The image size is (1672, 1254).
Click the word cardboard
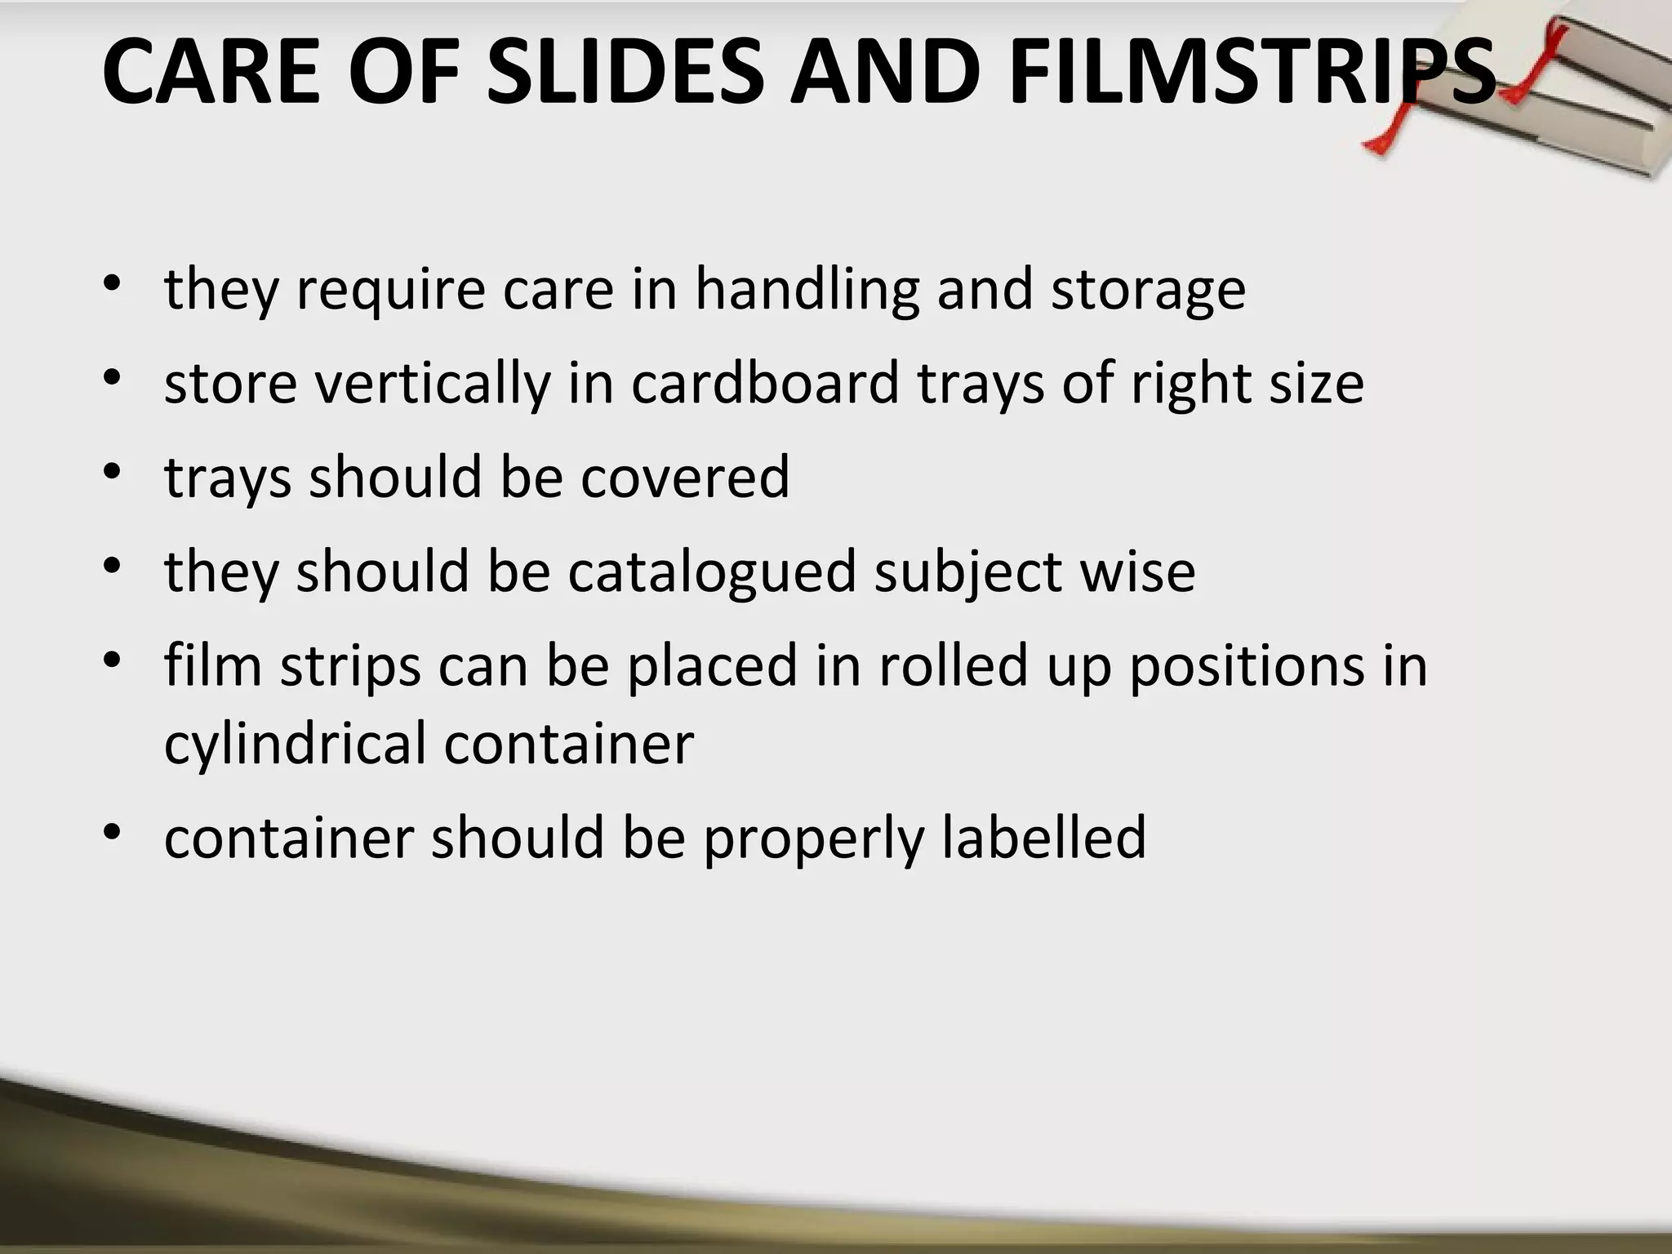click(764, 383)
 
